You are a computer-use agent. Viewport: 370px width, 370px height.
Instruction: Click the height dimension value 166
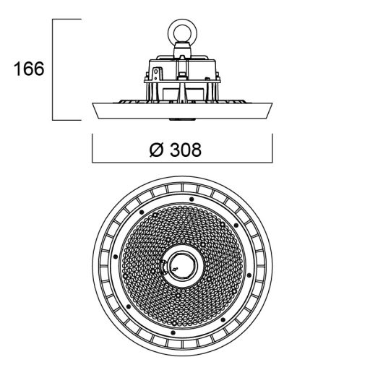click(29, 69)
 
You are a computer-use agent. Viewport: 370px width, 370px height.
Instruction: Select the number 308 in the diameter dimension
click(186, 150)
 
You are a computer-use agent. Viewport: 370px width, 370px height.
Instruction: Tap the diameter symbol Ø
click(157, 150)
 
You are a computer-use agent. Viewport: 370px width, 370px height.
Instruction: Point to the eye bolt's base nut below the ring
click(182, 50)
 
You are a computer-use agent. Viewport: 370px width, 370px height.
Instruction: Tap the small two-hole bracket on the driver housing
click(156, 74)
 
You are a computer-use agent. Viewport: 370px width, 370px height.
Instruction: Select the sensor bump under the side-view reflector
click(182, 119)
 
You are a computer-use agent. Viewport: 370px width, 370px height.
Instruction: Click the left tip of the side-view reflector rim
click(92, 103)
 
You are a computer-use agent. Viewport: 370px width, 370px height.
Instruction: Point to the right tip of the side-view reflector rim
click(272, 103)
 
